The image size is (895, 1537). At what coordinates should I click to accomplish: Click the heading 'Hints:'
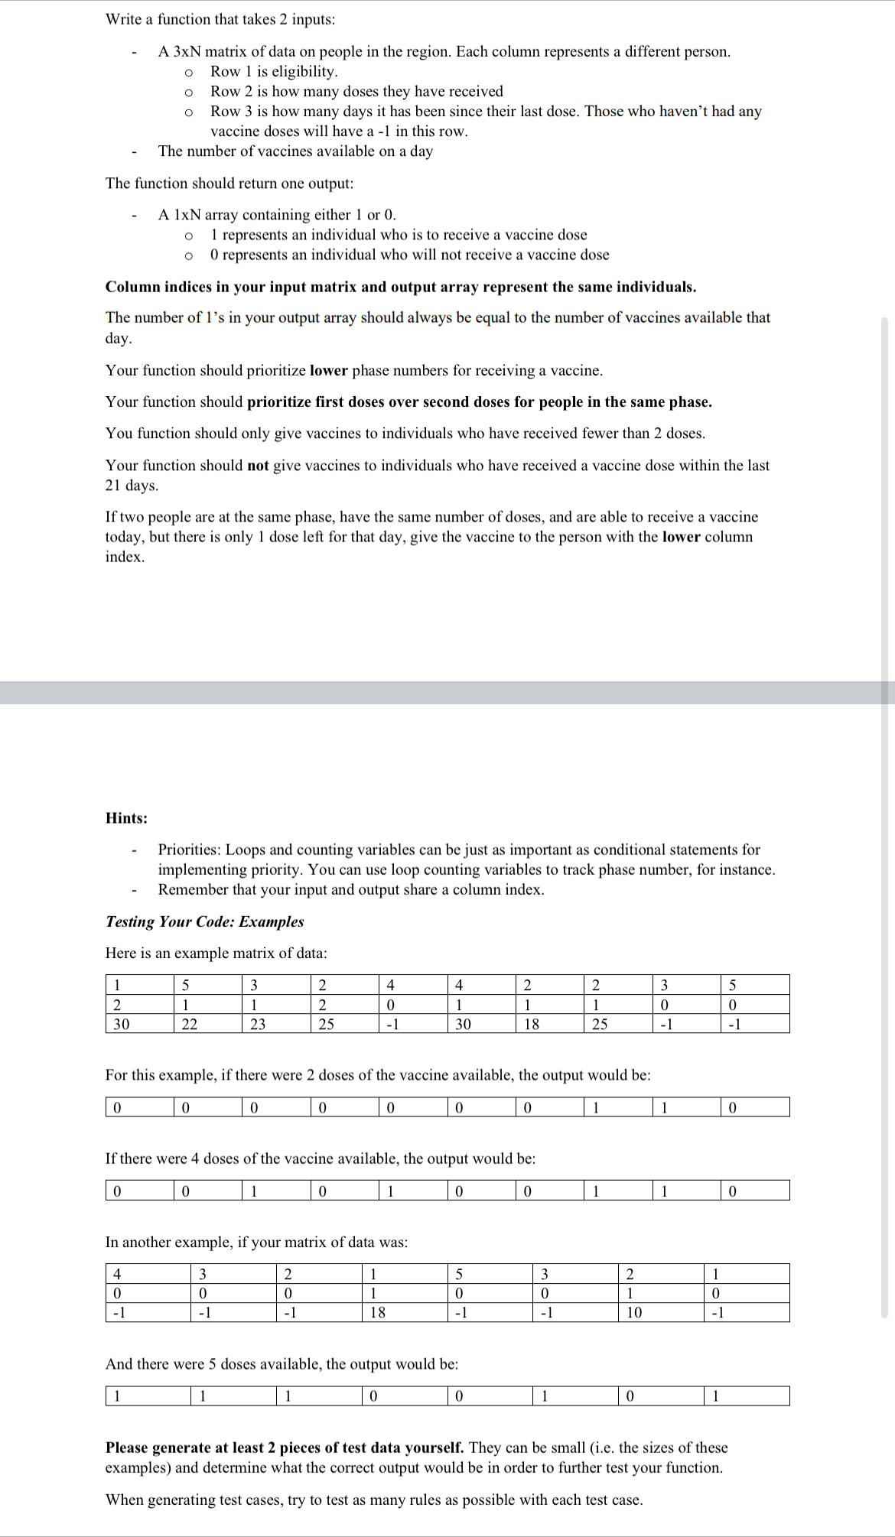point(126,818)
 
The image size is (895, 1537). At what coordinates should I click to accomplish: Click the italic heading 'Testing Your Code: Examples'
point(204,921)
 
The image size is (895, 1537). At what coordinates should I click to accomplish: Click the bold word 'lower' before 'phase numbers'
point(329,371)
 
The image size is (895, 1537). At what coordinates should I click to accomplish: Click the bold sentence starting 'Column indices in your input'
point(400,287)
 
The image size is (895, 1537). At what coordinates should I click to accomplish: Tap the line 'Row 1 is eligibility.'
point(274,71)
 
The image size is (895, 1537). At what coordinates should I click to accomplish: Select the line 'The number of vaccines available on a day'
point(295,151)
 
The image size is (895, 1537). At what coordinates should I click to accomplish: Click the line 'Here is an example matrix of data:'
point(216,953)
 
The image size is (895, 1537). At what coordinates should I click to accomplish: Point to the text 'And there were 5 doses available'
point(282,1364)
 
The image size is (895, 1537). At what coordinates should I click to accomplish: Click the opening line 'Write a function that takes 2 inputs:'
point(220,19)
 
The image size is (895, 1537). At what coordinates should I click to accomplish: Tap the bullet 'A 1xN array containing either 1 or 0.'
point(277,215)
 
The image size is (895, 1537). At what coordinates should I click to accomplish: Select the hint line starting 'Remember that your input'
point(350,889)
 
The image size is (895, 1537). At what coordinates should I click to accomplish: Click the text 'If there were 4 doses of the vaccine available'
point(320,1158)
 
